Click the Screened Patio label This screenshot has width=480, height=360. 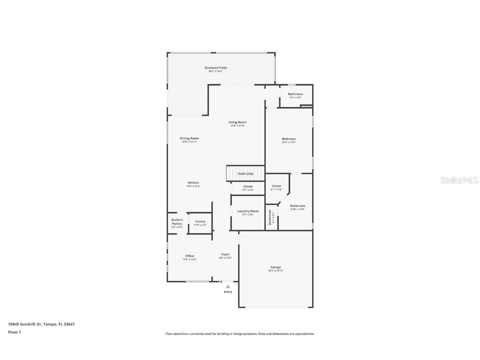click(x=215, y=68)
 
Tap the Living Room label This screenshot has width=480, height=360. click(x=237, y=122)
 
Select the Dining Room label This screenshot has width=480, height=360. click(x=189, y=138)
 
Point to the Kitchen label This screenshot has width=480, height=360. click(x=193, y=183)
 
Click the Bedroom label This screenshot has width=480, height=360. click(x=288, y=139)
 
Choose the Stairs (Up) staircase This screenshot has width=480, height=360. click(x=245, y=173)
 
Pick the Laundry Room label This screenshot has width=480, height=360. click(x=248, y=211)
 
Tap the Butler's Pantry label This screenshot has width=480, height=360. click(x=177, y=222)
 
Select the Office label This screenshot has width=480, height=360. click(x=190, y=256)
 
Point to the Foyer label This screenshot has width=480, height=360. click(x=225, y=255)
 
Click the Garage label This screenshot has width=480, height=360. click(x=275, y=267)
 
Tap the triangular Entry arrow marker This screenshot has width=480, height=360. click(x=227, y=287)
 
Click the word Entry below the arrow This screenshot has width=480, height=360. click(x=228, y=292)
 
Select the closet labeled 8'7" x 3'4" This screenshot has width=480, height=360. click(x=248, y=187)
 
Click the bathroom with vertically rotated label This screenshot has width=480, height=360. click(x=271, y=217)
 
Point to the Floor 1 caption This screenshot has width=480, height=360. click(x=14, y=332)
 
